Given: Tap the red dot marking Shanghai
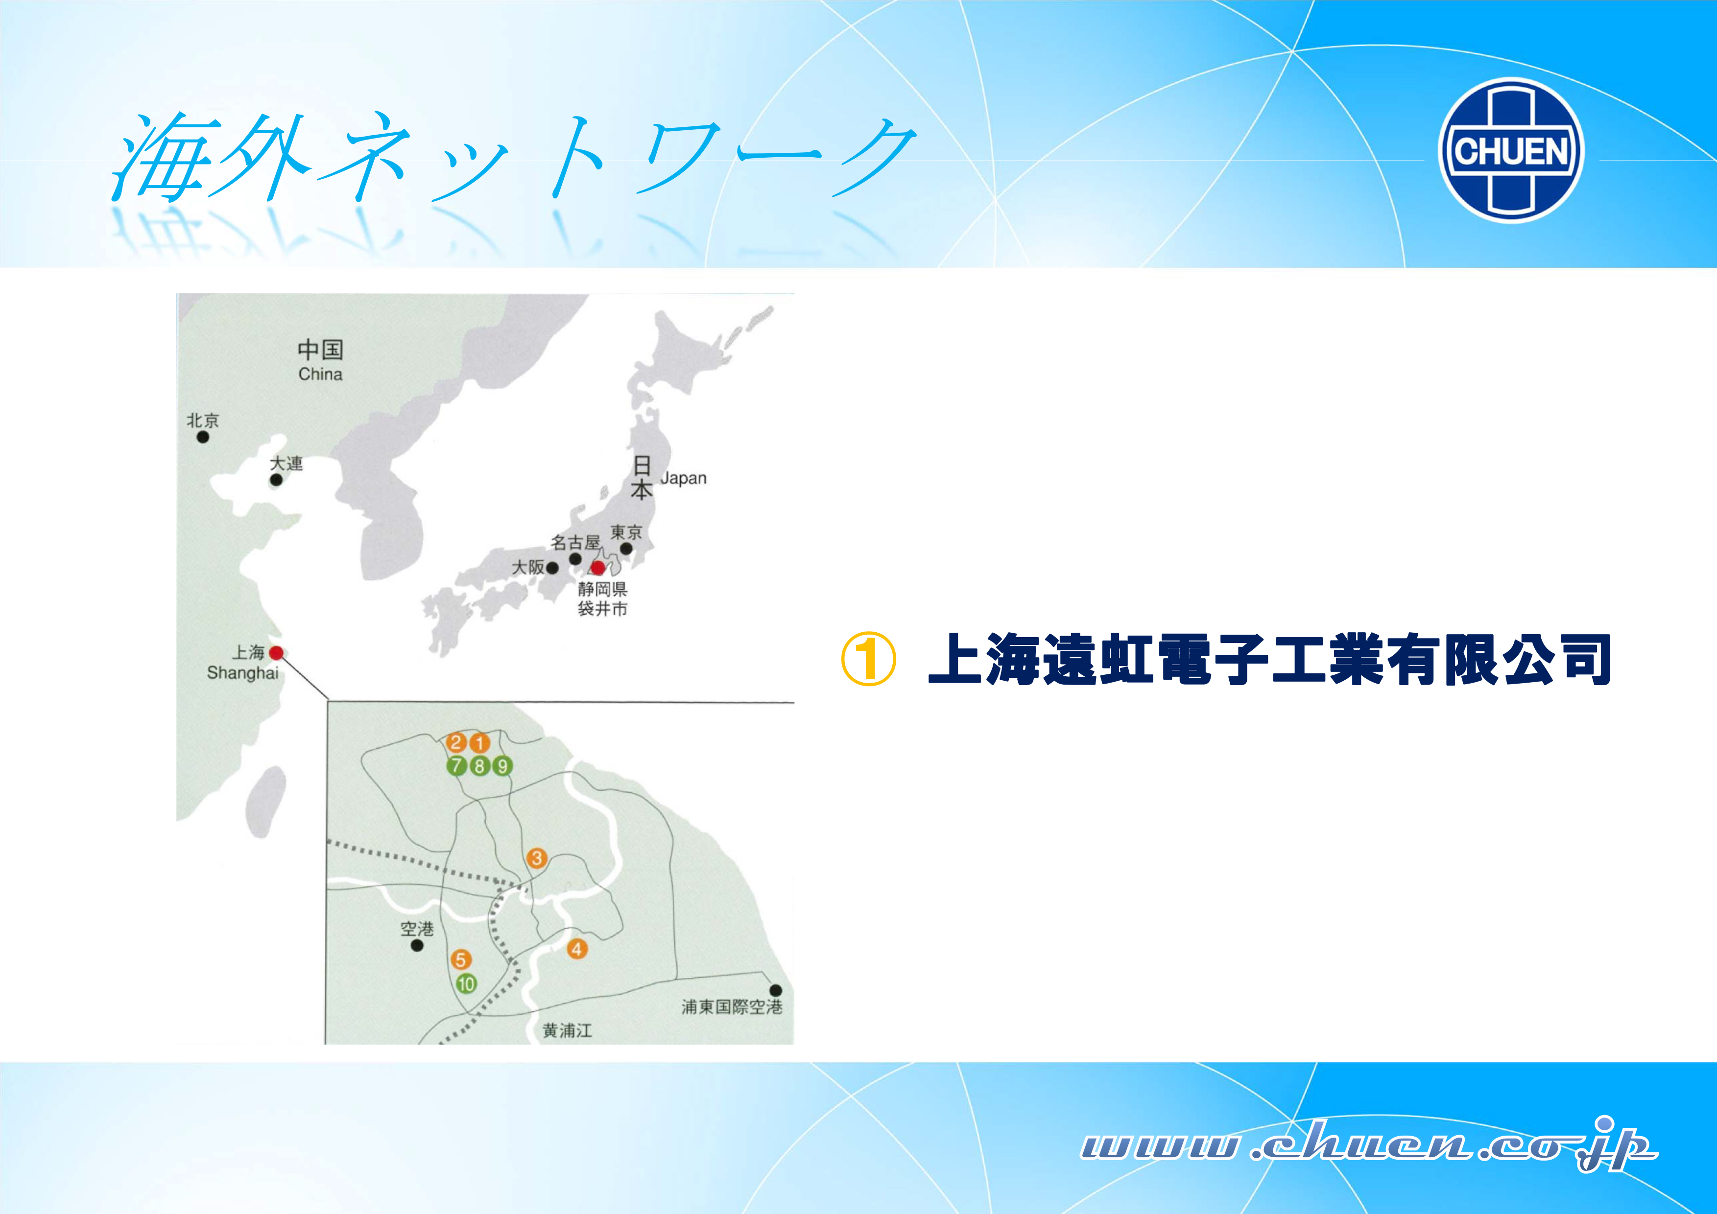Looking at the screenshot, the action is [x=276, y=652].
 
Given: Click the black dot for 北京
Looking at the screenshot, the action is [x=203, y=437].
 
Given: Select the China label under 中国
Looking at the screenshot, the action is [x=320, y=374].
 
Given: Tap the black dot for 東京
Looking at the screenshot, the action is [x=627, y=548].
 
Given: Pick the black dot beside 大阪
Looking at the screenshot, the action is [x=552, y=569].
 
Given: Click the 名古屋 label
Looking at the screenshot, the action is [x=576, y=542].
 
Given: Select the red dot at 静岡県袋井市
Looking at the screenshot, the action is [x=598, y=568].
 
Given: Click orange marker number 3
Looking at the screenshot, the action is [x=536, y=858].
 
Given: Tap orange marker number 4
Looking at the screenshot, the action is [x=576, y=949].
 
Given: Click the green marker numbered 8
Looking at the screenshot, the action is [x=479, y=766].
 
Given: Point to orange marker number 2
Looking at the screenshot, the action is [x=456, y=743].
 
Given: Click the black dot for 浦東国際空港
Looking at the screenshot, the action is [x=776, y=990].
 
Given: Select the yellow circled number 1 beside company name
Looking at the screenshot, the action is [x=868, y=659].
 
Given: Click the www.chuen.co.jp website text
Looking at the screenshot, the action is [x=1368, y=1145].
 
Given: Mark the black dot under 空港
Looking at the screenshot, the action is [x=417, y=946].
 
